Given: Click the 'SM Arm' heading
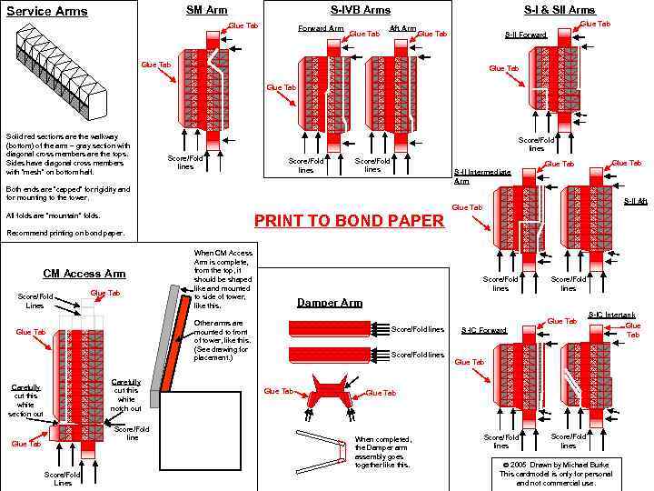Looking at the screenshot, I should [206, 10].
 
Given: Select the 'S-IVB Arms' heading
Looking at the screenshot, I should [361, 10].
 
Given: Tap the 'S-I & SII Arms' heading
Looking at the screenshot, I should [559, 10].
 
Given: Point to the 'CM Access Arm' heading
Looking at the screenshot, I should [84, 273].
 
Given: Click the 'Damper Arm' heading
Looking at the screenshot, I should [330, 303].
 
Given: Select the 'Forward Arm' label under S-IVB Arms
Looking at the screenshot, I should [321, 28].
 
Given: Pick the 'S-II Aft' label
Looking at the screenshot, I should [635, 200].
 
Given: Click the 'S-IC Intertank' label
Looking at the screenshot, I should [611, 315].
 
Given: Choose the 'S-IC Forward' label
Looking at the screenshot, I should [483, 329].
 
